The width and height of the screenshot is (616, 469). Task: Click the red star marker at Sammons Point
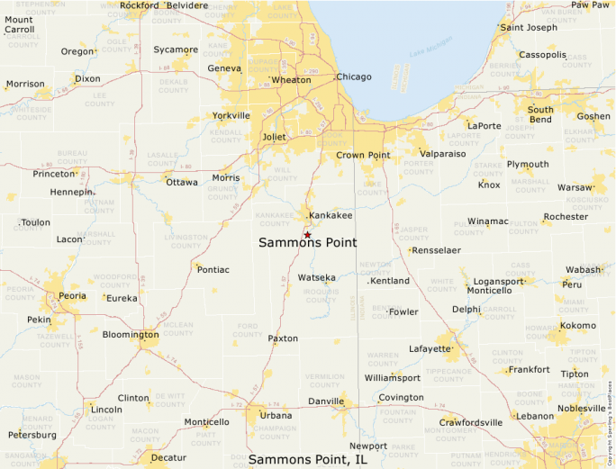(x=307, y=235)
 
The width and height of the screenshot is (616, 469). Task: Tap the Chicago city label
(x=354, y=77)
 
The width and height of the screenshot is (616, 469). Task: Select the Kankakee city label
(x=331, y=216)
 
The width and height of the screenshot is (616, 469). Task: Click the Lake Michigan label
(x=429, y=58)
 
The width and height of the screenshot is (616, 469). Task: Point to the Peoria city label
(x=72, y=295)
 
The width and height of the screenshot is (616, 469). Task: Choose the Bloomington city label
(x=131, y=335)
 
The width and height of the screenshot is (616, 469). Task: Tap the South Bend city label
(x=540, y=114)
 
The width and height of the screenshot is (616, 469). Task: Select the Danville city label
(x=327, y=401)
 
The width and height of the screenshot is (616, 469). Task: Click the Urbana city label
(x=276, y=416)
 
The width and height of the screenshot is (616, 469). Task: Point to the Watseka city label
(x=316, y=278)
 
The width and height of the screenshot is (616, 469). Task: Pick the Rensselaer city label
(x=437, y=250)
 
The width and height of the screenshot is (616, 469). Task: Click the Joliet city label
(x=274, y=137)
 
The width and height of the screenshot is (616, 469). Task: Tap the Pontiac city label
(x=213, y=270)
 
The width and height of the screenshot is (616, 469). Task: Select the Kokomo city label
(x=578, y=326)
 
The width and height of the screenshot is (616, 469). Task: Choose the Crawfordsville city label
(x=470, y=422)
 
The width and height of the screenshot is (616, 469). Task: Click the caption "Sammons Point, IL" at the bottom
(x=308, y=459)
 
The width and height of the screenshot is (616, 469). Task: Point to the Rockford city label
(x=139, y=5)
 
